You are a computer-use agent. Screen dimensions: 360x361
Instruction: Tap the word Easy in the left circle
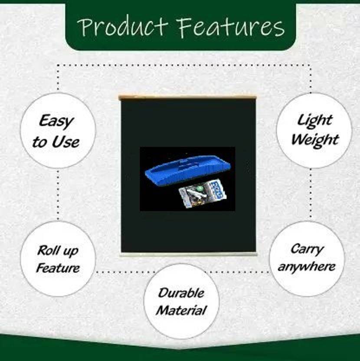56,121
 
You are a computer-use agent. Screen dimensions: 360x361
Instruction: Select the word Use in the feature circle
65,141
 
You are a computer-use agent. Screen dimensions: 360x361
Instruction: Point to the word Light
314,121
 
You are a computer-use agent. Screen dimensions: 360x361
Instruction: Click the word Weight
315,140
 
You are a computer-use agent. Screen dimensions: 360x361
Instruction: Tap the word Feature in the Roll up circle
58,268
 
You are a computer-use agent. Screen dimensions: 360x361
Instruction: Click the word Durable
181,292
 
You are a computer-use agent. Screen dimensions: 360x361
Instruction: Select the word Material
181,310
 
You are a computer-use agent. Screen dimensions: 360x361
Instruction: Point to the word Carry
307,249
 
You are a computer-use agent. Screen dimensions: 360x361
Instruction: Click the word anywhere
307,266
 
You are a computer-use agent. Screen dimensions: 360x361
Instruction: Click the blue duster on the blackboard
188,169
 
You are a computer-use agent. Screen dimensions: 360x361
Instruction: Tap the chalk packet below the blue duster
203,193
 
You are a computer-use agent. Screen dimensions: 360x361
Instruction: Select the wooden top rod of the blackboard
188,98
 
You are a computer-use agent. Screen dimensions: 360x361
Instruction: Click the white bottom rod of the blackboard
188,254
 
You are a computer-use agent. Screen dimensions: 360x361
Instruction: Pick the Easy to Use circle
58,131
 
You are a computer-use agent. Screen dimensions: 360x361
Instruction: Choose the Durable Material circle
181,301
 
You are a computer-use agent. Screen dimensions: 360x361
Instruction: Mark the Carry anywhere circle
307,259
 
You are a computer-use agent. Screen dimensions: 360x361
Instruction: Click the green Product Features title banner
180,25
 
